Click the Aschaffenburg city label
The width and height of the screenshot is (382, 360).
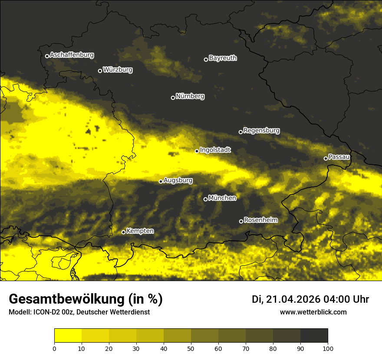click(72, 55)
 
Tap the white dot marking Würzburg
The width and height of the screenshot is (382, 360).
click(100, 71)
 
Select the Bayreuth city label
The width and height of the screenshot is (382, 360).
click(223, 58)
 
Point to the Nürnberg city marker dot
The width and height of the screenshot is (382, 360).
click(173, 98)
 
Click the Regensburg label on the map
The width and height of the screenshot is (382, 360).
click(261, 130)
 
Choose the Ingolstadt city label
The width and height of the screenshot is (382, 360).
click(215, 150)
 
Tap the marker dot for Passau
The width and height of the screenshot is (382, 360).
click(326, 158)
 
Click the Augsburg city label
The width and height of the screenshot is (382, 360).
click(178, 180)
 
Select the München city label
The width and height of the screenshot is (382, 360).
click(222, 198)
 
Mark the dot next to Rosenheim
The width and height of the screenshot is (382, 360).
click(241, 222)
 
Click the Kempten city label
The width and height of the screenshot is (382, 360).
click(140, 231)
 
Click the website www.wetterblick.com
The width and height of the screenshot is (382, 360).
click(313, 312)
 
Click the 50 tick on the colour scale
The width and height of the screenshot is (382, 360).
click(191, 348)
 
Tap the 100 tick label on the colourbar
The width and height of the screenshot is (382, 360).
click(328, 348)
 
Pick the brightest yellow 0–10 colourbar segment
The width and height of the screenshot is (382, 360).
click(68, 336)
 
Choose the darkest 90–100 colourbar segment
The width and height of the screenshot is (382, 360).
click(314, 336)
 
